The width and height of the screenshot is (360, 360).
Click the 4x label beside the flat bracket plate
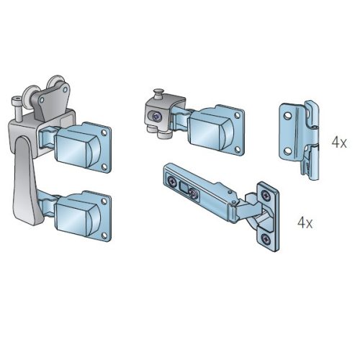coord(339,143)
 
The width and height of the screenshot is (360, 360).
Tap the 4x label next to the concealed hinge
coord(305,222)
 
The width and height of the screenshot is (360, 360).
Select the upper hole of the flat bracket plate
coord(287,116)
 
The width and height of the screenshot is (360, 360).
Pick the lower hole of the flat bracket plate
coord(287,151)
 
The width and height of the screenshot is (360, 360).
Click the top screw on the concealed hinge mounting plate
coord(266,195)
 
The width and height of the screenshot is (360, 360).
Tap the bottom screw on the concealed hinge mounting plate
coord(265,238)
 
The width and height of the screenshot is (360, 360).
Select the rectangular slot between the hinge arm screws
coord(184,187)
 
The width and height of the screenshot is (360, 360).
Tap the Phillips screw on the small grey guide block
coord(156,117)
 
